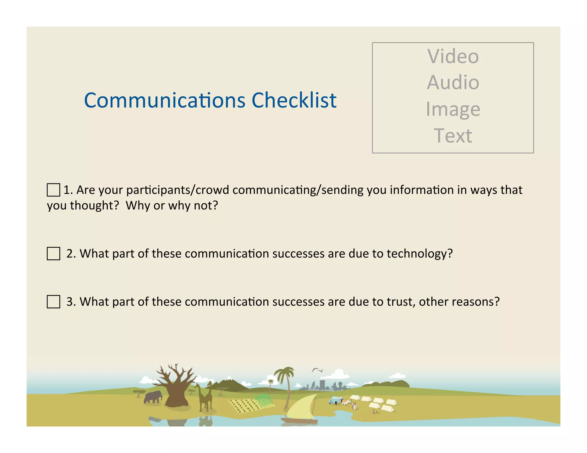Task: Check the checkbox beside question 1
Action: (53, 190)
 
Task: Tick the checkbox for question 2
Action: (53, 254)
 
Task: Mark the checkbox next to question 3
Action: (53, 302)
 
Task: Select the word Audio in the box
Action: (453, 82)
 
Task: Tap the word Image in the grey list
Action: (453, 109)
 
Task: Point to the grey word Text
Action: (453, 135)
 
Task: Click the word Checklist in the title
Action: (294, 100)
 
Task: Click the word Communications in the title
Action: (165, 100)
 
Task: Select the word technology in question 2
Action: (420, 254)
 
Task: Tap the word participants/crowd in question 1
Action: (177, 190)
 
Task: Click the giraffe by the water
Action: (205, 397)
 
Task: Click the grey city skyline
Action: (324, 386)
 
